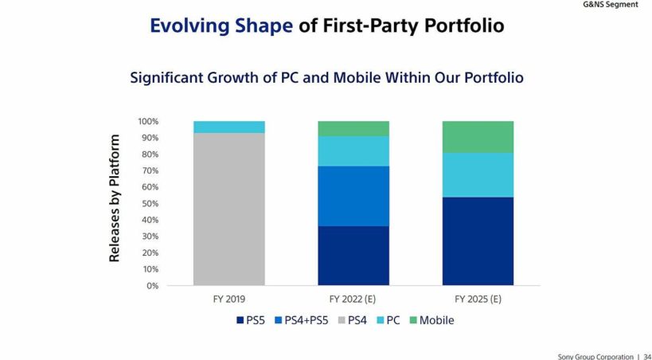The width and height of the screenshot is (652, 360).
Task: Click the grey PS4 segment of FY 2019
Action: (229, 209)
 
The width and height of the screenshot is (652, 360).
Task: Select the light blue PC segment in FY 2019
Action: (229, 127)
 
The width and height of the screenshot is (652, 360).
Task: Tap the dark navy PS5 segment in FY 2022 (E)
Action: (353, 256)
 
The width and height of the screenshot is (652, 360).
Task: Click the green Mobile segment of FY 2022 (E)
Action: (353, 128)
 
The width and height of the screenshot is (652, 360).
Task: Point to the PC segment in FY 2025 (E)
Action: (478, 174)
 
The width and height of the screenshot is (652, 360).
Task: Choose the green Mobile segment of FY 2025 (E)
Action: (478, 136)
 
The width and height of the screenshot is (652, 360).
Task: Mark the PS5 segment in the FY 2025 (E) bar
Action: (478, 241)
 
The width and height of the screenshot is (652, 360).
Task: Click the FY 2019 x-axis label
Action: (229, 299)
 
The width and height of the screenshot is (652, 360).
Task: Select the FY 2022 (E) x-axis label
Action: (353, 299)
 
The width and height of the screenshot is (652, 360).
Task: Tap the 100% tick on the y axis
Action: (148, 122)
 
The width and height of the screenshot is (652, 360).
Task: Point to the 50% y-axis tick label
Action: (150, 203)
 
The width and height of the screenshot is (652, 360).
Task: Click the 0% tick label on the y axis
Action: (153, 285)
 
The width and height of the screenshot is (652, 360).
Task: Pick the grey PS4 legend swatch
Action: (340, 320)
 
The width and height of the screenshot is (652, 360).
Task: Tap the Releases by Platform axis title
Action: (115, 198)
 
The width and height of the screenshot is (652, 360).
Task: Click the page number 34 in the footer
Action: (646, 356)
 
